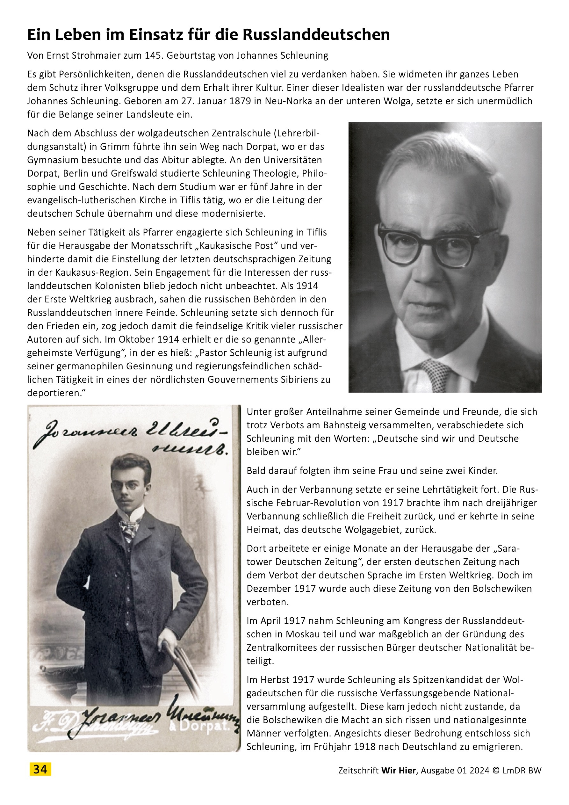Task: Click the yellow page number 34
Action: tap(40, 770)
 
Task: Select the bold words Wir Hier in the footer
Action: tap(398, 770)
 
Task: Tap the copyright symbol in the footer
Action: tap(495, 770)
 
